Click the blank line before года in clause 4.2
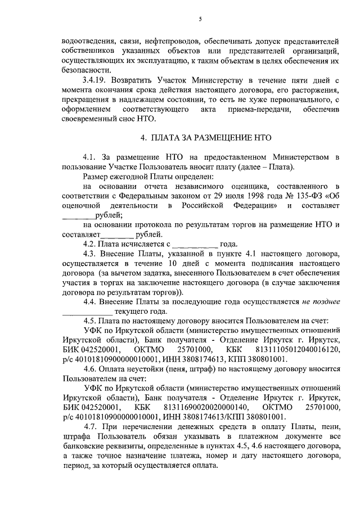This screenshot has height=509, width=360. pos(194,244)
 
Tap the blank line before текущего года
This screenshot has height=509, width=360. pos(87,311)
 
